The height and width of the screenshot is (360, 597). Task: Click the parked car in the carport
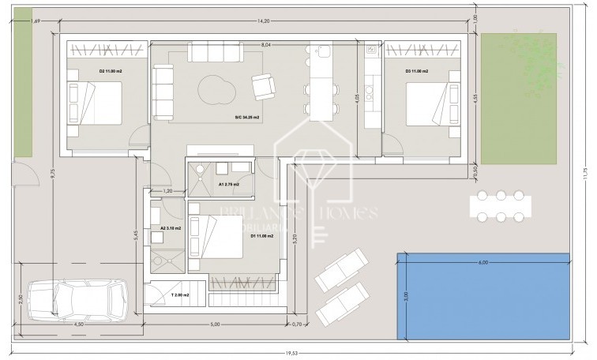pos(80,302)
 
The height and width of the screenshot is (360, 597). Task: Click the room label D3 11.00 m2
pos(416,72)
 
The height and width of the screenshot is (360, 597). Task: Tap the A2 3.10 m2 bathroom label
pos(171,228)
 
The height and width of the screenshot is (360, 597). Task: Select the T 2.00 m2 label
pos(182,294)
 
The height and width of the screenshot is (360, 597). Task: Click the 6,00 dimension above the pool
pos(483,262)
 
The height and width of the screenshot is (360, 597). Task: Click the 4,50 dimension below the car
pos(79,324)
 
